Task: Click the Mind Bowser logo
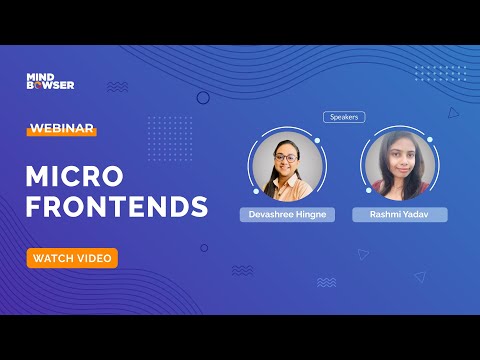click(x=50, y=81)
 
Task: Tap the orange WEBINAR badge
click(x=62, y=129)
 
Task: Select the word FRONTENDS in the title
click(x=116, y=207)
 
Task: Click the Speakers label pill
click(x=344, y=117)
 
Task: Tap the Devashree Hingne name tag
click(x=287, y=215)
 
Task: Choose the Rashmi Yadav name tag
click(x=400, y=215)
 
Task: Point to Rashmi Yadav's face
click(x=400, y=160)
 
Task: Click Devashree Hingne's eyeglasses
click(x=285, y=157)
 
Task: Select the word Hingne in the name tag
click(x=312, y=215)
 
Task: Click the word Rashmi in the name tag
click(x=385, y=215)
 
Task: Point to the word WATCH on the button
click(x=51, y=258)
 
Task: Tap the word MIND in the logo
click(x=39, y=76)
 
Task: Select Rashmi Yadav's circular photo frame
click(x=400, y=165)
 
